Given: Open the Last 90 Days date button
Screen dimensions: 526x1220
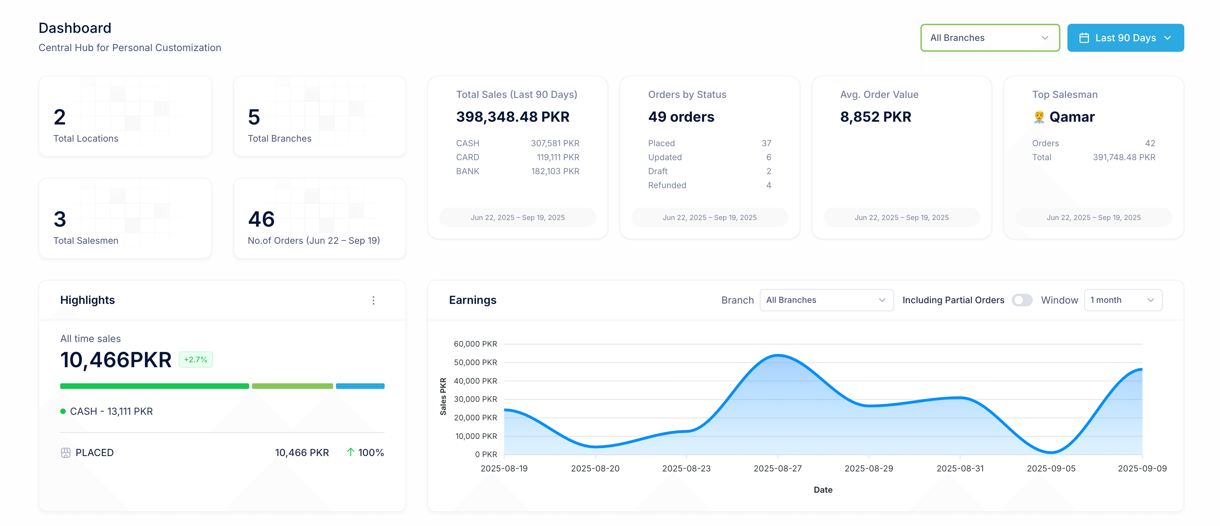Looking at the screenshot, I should pyautogui.click(x=1125, y=38).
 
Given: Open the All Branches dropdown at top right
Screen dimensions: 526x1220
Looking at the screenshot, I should pyautogui.click(x=989, y=38).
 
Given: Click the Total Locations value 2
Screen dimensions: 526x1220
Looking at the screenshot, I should pyautogui.click(x=60, y=117).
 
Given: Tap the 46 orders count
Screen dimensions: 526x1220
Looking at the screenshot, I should pyautogui.click(x=261, y=219).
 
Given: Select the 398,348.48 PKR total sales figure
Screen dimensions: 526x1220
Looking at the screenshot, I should pyautogui.click(x=512, y=117).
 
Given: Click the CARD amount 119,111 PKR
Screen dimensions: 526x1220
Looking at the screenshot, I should pyautogui.click(x=558, y=157).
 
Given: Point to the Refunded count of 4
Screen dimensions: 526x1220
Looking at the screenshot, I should pyautogui.click(x=768, y=185).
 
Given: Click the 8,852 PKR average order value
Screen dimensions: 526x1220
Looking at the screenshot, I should pyautogui.click(x=875, y=117).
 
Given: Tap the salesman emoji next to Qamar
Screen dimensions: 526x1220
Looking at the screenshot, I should pyautogui.click(x=1039, y=117).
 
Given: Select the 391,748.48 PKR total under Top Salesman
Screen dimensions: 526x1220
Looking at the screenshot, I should pyautogui.click(x=1123, y=157).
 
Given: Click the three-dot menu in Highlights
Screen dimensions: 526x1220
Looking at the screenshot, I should pyautogui.click(x=373, y=300).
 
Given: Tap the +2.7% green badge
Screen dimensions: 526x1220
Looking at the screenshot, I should pyautogui.click(x=196, y=360).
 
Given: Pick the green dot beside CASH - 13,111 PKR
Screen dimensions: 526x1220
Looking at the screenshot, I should pyautogui.click(x=63, y=411).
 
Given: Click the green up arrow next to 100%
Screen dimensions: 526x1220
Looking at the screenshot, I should pyautogui.click(x=350, y=452).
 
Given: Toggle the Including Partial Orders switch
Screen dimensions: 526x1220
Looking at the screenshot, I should pyautogui.click(x=1022, y=300).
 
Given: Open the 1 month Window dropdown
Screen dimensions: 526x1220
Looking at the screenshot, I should pyautogui.click(x=1122, y=300).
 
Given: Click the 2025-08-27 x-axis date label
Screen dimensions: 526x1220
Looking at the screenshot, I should pyautogui.click(x=777, y=468).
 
